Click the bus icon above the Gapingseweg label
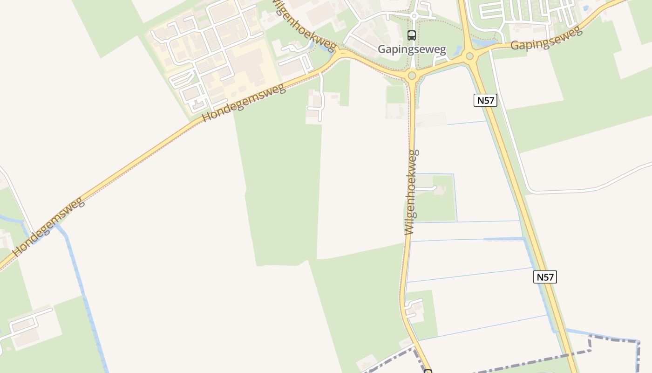coord(412,35)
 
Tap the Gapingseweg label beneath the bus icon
coord(412,49)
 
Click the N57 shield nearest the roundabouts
coord(485,100)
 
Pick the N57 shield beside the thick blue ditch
coord(545,277)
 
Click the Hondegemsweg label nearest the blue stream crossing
coord(48,227)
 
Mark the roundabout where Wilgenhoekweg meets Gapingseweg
coord(412,76)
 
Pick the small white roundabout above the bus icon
coord(414,16)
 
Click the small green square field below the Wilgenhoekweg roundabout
coord(395,95)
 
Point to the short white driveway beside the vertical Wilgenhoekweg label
coord(425,188)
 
